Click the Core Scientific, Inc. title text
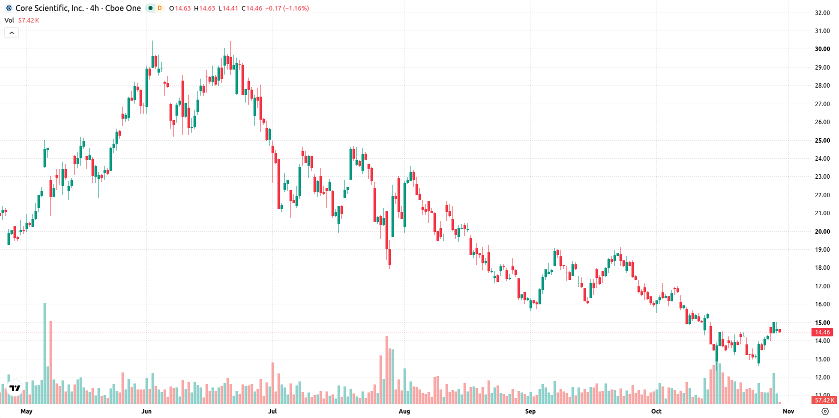[50, 8]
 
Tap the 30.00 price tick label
[822, 49]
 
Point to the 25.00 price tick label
[822, 141]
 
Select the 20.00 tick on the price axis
[822, 232]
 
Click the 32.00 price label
[822, 13]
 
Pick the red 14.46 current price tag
[822, 332]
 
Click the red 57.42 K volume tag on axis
[824, 400]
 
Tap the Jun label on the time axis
[146, 411]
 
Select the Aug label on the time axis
[404, 411]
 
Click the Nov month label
[788, 411]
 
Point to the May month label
[26, 411]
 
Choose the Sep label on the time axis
[530, 411]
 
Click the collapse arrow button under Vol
[11, 33]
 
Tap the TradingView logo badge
[14, 388]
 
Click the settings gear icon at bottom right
[825, 411]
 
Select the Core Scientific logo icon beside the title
[9, 8]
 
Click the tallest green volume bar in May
[45, 353]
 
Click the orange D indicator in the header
[159, 8]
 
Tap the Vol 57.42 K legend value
[29, 20]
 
